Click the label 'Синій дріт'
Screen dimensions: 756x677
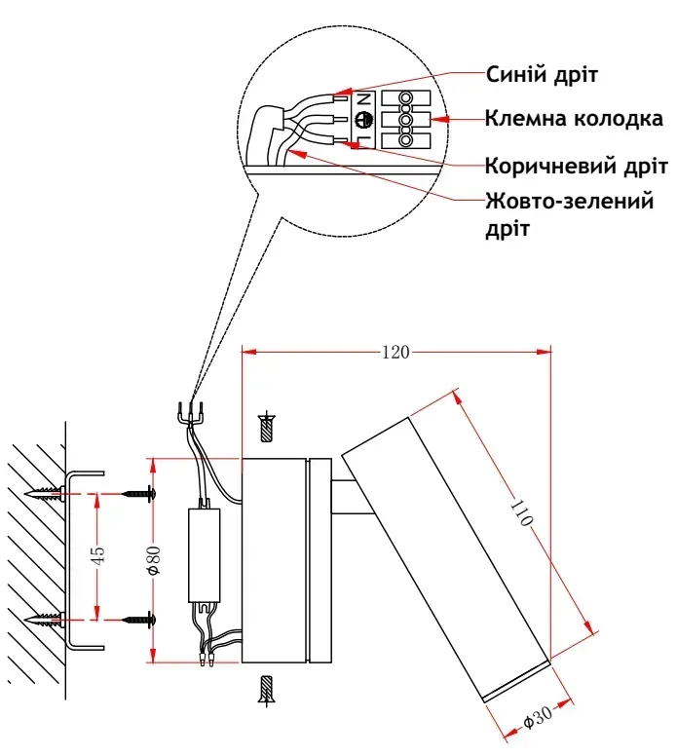click(x=541, y=74)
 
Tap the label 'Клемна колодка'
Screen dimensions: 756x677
click(x=575, y=121)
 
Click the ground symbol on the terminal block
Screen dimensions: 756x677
click(x=363, y=120)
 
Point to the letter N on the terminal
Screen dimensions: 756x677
click(x=363, y=99)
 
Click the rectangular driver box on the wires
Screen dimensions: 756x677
click(x=205, y=553)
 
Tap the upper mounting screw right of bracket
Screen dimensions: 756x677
click(x=139, y=495)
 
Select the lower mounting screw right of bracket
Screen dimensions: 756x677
click(x=139, y=618)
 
